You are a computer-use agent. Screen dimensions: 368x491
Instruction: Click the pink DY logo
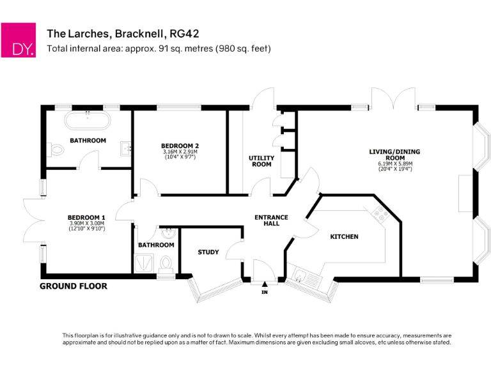click(x=18, y=40)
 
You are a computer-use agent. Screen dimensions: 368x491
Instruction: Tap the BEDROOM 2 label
click(x=180, y=146)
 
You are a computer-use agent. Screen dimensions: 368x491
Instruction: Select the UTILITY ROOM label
click(x=261, y=161)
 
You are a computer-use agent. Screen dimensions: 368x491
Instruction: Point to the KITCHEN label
click(x=344, y=237)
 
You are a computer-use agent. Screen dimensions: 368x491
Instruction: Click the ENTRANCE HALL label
click(x=271, y=220)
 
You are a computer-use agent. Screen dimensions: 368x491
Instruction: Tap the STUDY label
click(x=208, y=252)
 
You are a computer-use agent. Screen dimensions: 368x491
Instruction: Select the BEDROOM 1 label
click(x=86, y=218)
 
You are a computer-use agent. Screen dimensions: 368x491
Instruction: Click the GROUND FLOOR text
click(x=74, y=286)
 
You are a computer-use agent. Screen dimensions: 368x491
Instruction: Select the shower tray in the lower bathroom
click(x=143, y=263)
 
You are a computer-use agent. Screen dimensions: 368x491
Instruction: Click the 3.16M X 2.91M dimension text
click(x=180, y=152)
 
